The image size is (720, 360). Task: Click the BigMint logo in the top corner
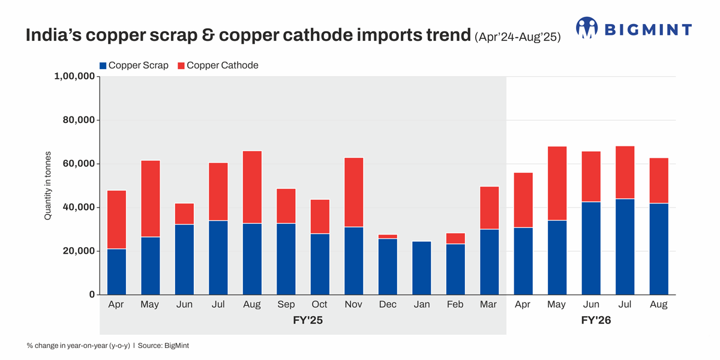pos(634,28)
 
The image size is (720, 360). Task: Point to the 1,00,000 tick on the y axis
pos(74,76)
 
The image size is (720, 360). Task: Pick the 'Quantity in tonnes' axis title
pos(47,185)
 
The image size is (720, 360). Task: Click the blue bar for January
pos(421,268)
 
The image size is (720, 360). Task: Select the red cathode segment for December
pos(388,236)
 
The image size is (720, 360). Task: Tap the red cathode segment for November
pos(353,192)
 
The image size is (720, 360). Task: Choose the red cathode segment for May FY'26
pos(557,183)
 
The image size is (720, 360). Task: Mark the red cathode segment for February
pos(455,238)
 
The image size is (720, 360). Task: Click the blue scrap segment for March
pos(489,262)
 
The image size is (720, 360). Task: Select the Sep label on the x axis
pos(286,305)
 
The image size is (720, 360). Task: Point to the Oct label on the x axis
pos(319,305)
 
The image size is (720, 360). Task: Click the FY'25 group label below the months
pos(303,322)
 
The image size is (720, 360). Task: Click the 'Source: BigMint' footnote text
pos(163,346)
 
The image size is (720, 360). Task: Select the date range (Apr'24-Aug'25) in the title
pos(517,37)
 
